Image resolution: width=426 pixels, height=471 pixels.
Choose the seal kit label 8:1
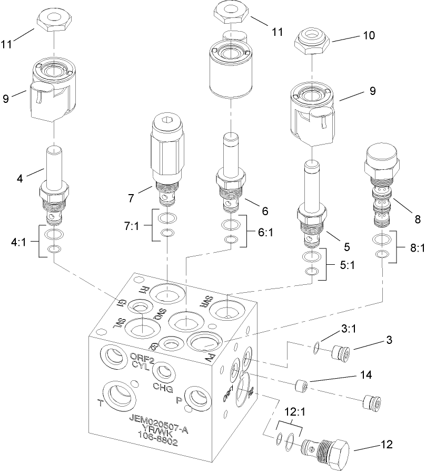(x=415, y=248)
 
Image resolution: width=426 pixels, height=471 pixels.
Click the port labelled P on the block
(x=199, y=397)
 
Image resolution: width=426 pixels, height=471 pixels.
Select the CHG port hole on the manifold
(x=163, y=372)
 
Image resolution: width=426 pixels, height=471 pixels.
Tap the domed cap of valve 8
(x=381, y=157)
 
